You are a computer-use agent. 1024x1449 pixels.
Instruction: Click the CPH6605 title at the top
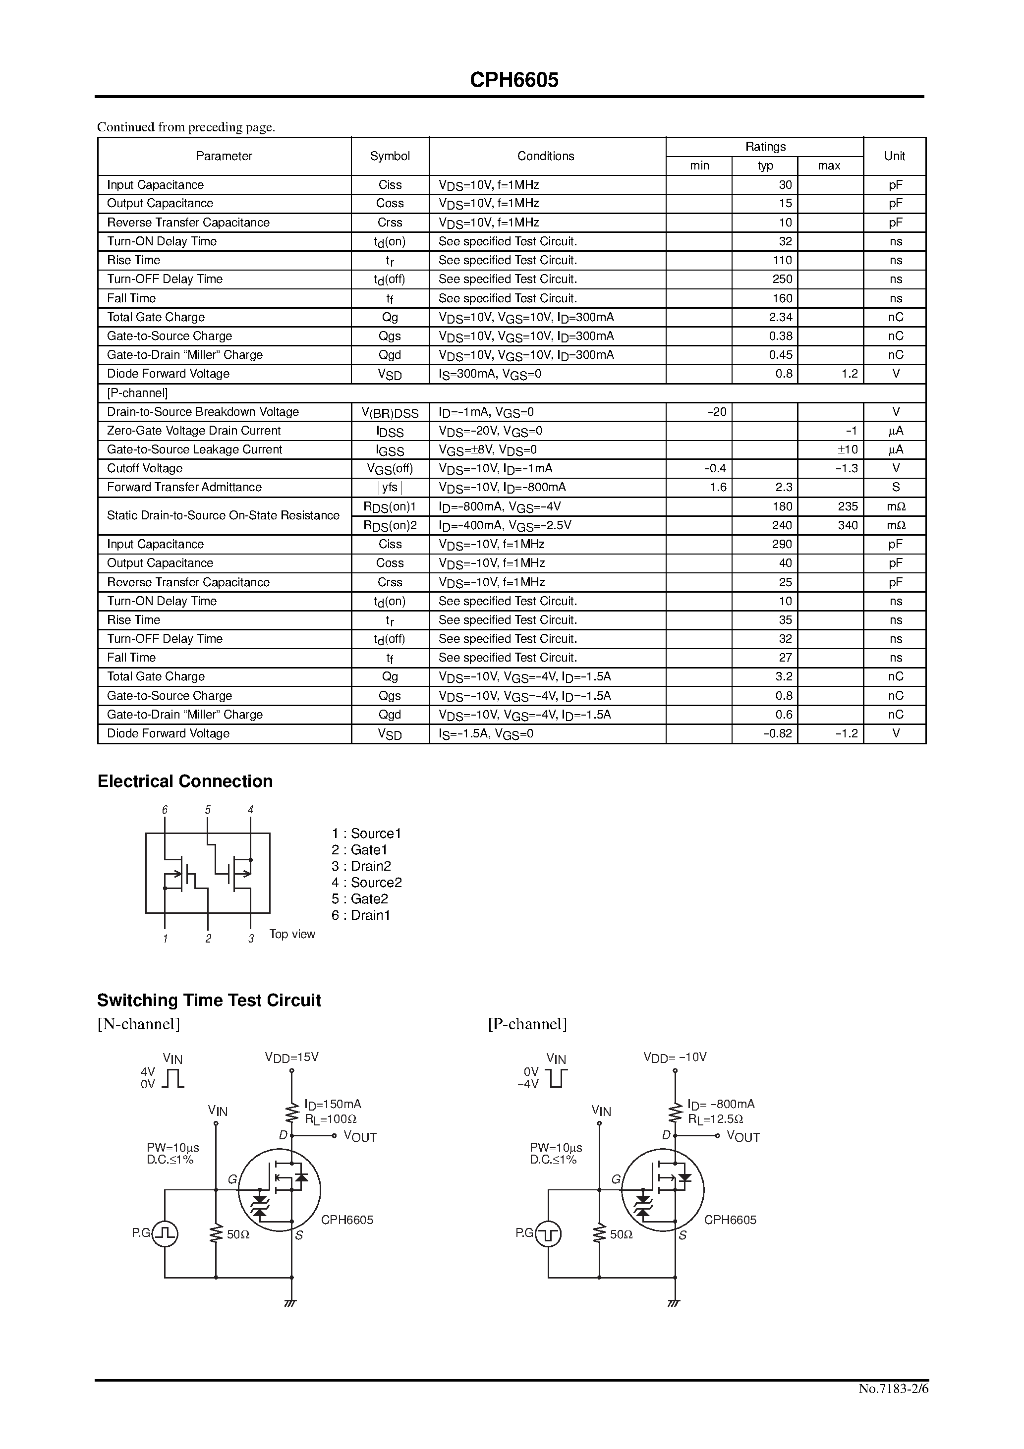coord(514,80)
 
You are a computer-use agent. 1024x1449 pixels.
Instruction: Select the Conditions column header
coord(546,156)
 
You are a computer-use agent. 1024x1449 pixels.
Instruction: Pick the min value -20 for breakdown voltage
coord(717,411)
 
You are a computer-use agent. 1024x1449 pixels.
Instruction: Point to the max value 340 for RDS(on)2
coord(847,525)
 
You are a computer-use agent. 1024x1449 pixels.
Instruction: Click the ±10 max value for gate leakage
coord(847,449)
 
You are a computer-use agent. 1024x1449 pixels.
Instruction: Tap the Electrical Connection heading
coord(185,781)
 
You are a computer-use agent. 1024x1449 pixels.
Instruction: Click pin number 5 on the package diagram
coord(208,810)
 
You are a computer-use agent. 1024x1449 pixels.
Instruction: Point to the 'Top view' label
coord(292,934)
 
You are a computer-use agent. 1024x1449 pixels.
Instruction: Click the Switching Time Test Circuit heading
coord(209,1001)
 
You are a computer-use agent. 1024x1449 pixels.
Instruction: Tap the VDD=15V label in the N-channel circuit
coord(291,1057)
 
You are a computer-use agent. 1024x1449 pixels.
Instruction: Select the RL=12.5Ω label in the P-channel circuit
coord(715,1119)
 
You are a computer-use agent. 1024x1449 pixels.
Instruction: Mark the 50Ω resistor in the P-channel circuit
coord(599,1234)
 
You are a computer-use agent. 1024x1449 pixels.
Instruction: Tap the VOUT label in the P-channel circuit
coord(743,1137)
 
